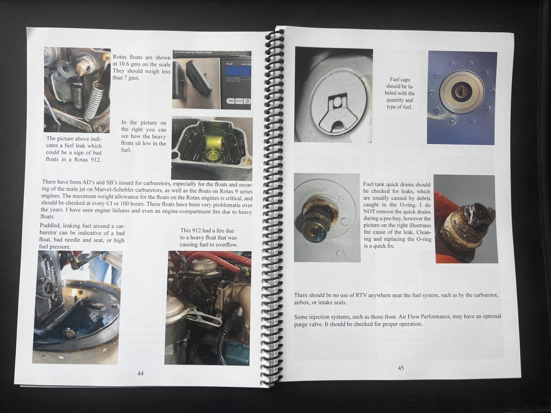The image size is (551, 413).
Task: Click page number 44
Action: click(140, 373)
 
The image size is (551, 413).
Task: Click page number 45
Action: click(401, 368)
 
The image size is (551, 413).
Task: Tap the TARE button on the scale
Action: click(231, 101)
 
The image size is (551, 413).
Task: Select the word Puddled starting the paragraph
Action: click(50, 226)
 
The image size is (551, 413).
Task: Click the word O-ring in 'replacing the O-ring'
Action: click(424, 239)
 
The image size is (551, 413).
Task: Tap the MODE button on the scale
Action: click(239, 101)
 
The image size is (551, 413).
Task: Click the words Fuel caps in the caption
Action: click(400, 80)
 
